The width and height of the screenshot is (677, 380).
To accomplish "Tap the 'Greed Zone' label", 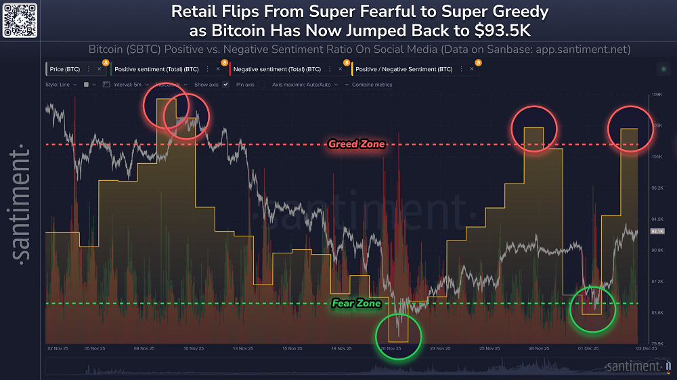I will [356, 144].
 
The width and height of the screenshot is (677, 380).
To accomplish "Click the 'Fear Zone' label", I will [356, 303].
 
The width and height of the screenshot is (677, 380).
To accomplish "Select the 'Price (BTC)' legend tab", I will [66, 69].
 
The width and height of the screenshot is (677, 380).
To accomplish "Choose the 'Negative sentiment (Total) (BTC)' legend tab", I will [277, 69].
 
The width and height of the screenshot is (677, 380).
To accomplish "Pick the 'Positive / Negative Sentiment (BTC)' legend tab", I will [403, 69].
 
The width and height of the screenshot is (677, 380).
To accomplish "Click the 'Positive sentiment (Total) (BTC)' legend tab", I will [156, 69].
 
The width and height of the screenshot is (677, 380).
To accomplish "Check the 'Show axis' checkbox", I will [225, 85].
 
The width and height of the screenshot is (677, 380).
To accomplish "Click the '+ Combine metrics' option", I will [368, 85].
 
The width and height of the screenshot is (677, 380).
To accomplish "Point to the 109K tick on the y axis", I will [656, 95].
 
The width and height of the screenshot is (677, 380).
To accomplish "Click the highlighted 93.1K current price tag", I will [656, 232].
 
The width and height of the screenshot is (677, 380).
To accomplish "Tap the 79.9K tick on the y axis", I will [656, 343].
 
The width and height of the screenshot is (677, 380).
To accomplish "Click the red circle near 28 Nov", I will [534, 129].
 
